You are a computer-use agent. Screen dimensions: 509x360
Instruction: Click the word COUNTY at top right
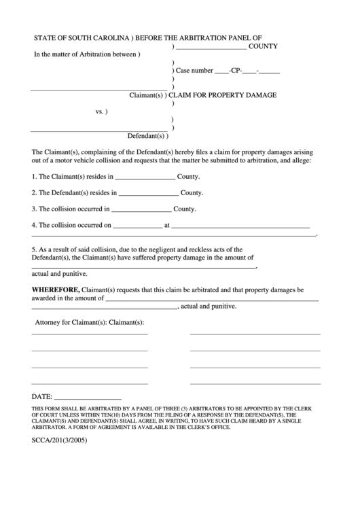click(264, 47)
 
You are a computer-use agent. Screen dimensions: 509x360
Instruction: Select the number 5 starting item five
click(33, 249)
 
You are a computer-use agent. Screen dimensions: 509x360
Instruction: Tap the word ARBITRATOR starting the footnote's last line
click(49, 428)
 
